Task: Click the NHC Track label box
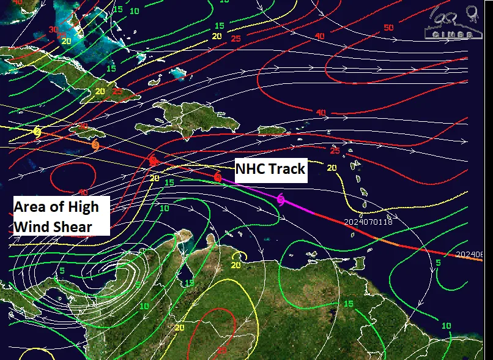[x=271, y=169]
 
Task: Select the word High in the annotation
[x=83, y=207]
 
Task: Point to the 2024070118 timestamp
[x=368, y=222]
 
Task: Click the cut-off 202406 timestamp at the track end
[x=473, y=255]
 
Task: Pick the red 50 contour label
[x=388, y=28]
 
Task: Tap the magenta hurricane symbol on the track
[x=281, y=199]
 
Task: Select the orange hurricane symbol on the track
[x=95, y=145]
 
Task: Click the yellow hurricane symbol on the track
[x=37, y=132]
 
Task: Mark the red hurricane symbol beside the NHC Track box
[x=218, y=178]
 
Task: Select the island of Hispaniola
[x=190, y=119]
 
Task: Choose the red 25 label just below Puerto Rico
[x=334, y=151]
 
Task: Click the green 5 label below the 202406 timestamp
[x=437, y=263]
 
